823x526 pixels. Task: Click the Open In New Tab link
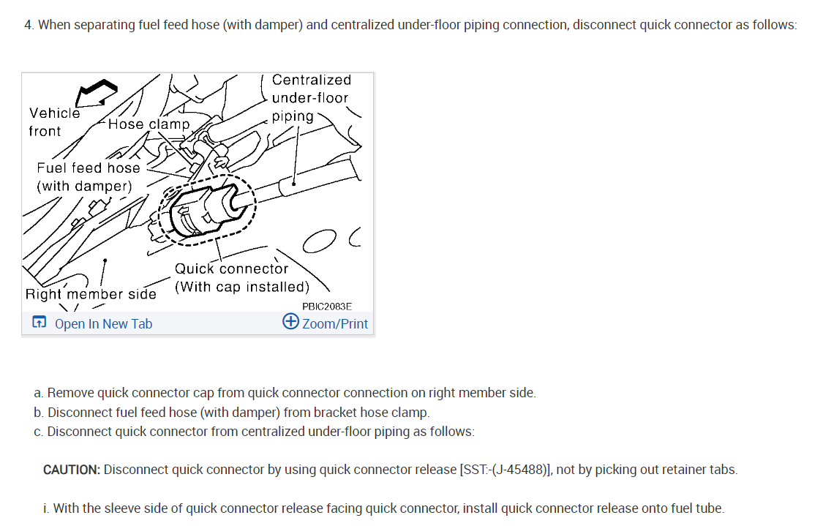pyautogui.click(x=103, y=323)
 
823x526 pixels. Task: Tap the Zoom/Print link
pyautogui.click(x=335, y=323)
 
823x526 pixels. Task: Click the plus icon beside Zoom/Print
pyautogui.click(x=290, y=322)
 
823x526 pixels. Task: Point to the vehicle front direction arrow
pyautogui.click(x=97, y=92)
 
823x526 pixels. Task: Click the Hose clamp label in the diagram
pyautogui.click(x=149, y=124)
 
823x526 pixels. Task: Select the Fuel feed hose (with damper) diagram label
pyautogui.click(x=88, y=176)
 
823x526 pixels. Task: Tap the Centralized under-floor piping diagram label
pyautogui.click(x=311, y=97)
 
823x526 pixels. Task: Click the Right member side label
pyautogui.click(x=91, y=294)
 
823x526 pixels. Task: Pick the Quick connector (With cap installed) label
pyautogui.click(x=241, y=277)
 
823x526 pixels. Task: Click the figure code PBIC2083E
pyautogui.click(x=326, y=307)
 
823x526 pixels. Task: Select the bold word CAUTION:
pyautogui.click(x=72, y=470)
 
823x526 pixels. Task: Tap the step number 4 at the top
pyautogui.click(x=29, y=25)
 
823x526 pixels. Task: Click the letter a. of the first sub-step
pyautogui.click(x=39, y=393)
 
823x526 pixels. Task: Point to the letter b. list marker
pyautogui.click(x=39, y=412)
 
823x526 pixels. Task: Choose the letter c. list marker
pyautogui.click(x=39, y=432)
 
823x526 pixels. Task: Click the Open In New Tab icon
pyautogui.click(x=39, y=323)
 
